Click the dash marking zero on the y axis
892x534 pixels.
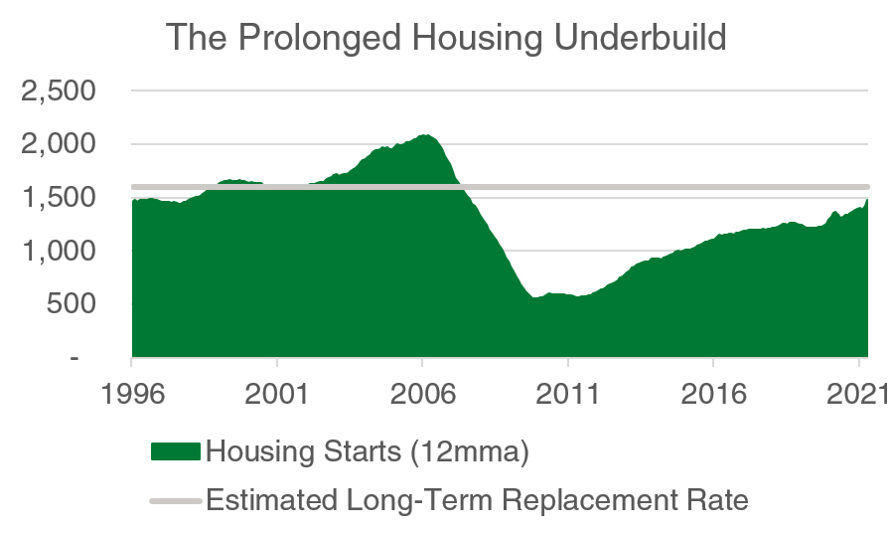pyautogui.click(x=74, y=357)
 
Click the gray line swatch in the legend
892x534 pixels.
pyautogui.click(x=175, y=500)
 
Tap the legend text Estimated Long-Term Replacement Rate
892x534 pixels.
pyautogui.click(x=477, y=500)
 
